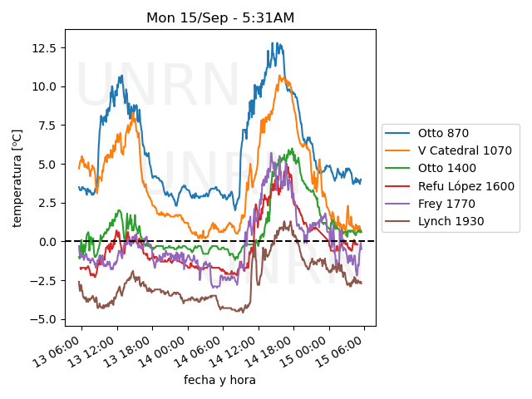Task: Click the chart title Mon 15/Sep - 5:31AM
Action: point(220,17)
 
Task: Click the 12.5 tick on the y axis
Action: point(45,47)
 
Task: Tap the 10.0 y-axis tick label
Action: point(45,86)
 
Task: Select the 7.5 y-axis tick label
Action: point(48,125)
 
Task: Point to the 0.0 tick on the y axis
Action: point(48,241)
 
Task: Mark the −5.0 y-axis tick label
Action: point(45,319)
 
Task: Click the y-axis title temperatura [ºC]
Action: point(17,178)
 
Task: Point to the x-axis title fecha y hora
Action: point(219,380)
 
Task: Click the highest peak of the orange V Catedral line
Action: point(281,76)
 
